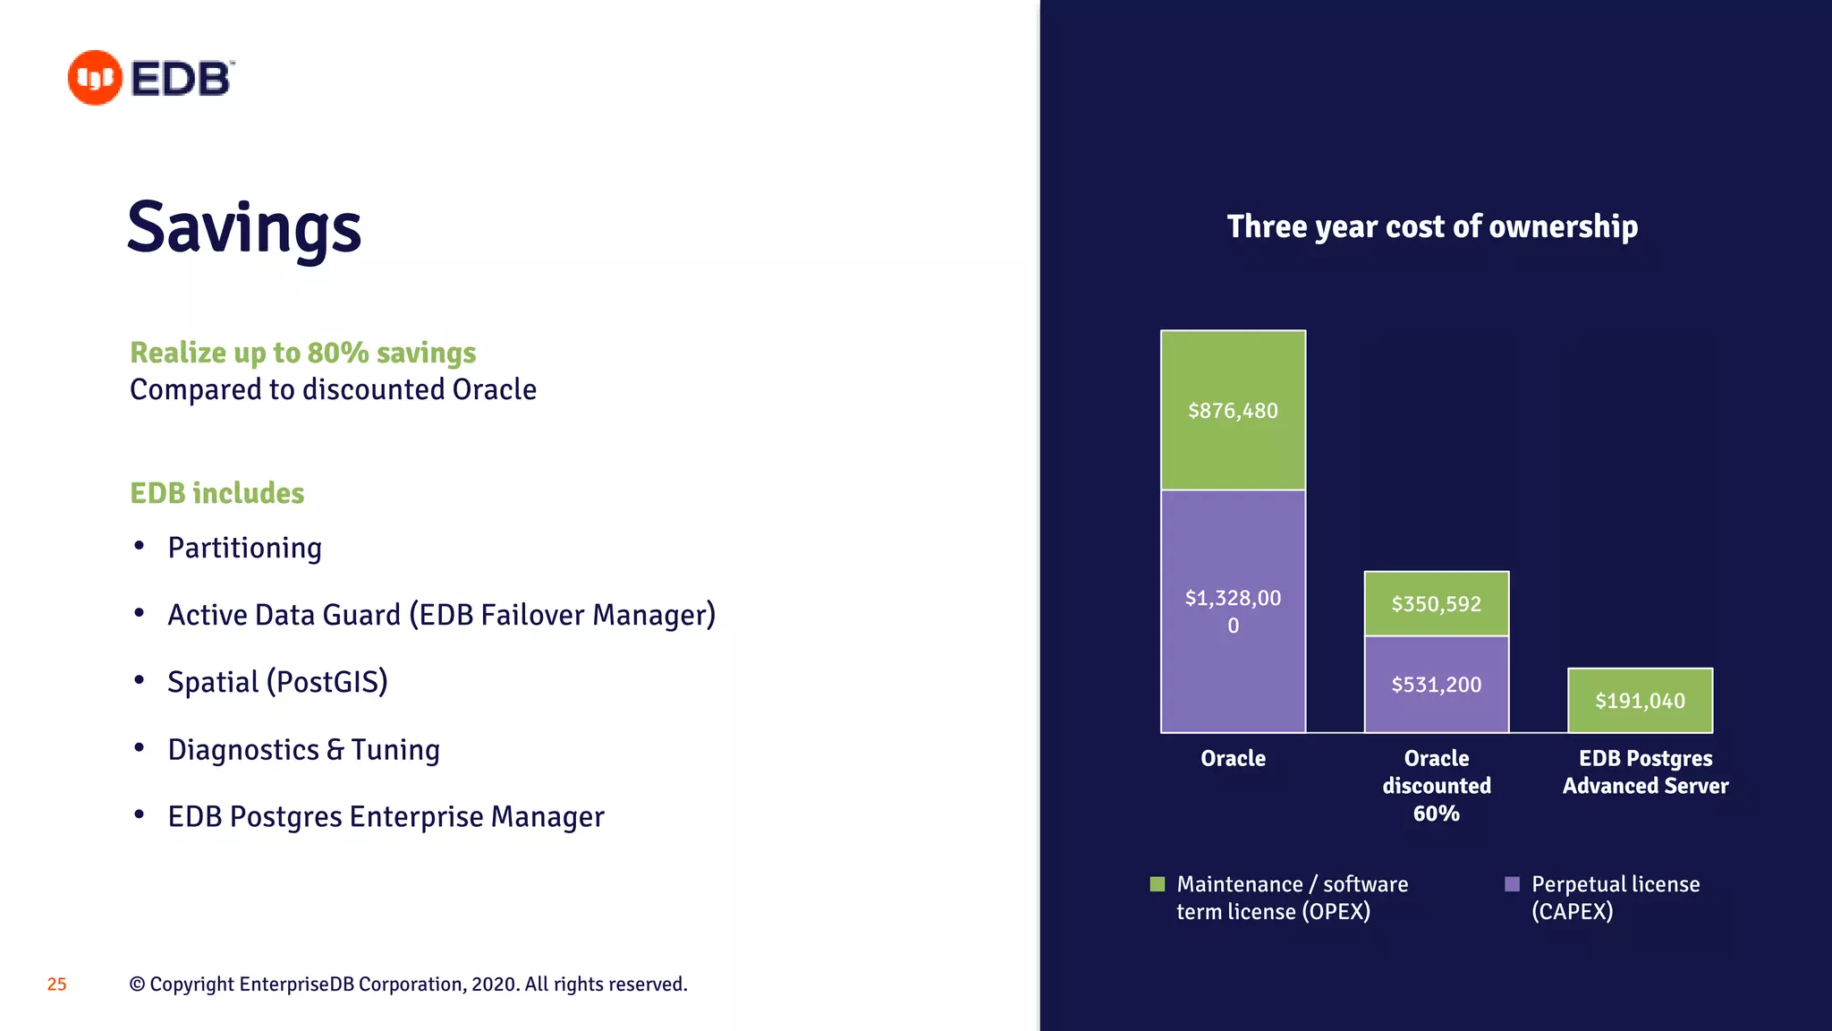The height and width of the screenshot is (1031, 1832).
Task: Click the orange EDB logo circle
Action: [x=95, y=78]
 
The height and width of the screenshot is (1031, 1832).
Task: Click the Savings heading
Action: [x=244, y=228]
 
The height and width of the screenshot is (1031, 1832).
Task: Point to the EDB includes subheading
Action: [x=217, y=493]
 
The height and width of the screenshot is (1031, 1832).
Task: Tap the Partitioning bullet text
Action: [x=244, y=548]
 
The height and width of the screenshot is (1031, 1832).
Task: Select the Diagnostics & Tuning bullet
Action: [x=303, y=750]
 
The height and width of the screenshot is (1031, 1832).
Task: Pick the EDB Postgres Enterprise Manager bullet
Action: [x=386, y=817]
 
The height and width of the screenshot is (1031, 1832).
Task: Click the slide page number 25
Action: [x=56, y=984]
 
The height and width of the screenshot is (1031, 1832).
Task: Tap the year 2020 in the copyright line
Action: [x=495, y=984]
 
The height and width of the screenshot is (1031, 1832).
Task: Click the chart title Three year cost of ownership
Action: [x=1432, y=226]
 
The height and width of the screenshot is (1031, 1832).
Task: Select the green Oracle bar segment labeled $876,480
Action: [x=1233, y=410]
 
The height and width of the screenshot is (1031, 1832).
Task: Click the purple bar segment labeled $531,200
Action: [x=1436, y=684]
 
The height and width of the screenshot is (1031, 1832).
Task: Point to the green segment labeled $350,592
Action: [x=1436, y=603]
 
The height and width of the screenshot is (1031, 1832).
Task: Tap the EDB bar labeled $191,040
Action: [x=1640, y=700]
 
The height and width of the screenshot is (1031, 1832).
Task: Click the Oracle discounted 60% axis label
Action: [x=1436, y=785]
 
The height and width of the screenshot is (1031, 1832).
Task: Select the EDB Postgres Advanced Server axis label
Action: [x=1645, y=771]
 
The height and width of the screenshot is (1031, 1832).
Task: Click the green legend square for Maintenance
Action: [x=1158, y=884]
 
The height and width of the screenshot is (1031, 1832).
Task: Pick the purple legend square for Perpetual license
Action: [x=1512, y=884]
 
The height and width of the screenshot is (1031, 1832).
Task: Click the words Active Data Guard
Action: [x=284, y=615]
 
